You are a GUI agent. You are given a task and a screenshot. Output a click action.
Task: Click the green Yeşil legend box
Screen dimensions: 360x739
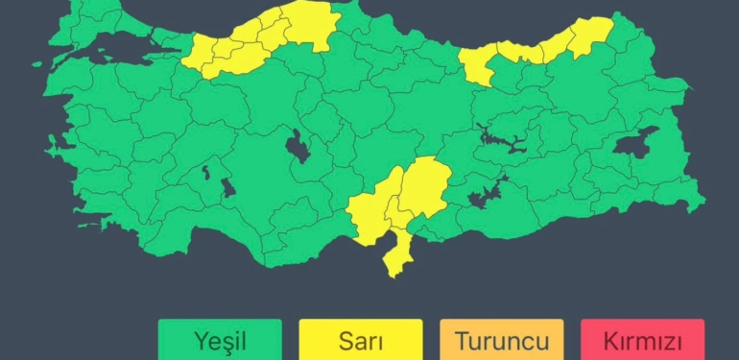[x=220, y=340]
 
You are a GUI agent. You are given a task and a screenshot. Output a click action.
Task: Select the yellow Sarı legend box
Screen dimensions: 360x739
[x=361, y=340]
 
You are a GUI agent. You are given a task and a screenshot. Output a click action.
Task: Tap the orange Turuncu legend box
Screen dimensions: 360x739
[x=501, y=340]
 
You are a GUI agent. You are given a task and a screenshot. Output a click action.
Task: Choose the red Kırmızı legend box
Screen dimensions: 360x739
[x=642, y=340]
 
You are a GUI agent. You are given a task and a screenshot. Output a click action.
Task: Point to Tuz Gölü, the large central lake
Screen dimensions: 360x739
[x=298, y=150]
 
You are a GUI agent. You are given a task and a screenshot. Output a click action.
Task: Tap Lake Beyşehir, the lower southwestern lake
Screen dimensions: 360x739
[x=228, y=186]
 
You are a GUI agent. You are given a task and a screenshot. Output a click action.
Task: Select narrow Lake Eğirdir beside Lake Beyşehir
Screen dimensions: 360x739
[x=205, y=174]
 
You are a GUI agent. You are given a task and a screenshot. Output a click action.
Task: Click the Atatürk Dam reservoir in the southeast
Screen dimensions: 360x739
[x=485, y=196]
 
